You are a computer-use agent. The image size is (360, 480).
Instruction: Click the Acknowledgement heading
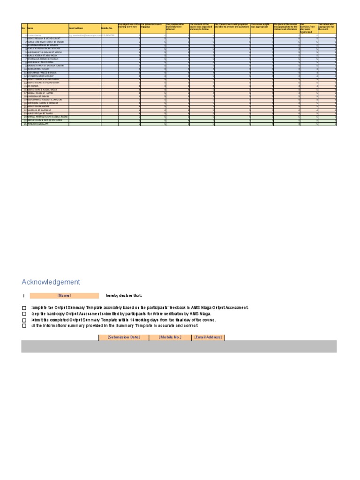[x=51, y=282]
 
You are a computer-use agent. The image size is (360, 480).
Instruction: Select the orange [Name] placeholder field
[x=64, y=296]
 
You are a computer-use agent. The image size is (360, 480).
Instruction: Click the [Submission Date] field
[x=124, y=337]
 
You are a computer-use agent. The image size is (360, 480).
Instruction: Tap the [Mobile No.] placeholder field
[x=170, y=337]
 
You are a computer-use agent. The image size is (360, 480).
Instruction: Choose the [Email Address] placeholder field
[x=208, y=337]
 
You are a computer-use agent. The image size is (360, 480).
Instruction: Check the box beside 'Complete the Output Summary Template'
[x=24, y=308]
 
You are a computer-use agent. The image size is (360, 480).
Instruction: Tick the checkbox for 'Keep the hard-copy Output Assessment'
[x=24, y=314]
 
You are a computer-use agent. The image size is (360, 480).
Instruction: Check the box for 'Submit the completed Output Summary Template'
[x=24, y=320]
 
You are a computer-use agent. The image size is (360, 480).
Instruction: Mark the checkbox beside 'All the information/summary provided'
[x=24, y=326]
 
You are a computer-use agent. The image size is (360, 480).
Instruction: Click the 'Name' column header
[x=31, y=28]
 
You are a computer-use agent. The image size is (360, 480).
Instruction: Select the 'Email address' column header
[x=76, y=28]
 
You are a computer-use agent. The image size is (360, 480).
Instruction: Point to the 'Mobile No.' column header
[x=107, y=28]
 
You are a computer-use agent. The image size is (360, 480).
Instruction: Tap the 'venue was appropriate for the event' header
[x=327, y=26]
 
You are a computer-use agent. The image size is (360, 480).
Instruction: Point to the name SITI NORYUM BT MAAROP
[x=41, y=76]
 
